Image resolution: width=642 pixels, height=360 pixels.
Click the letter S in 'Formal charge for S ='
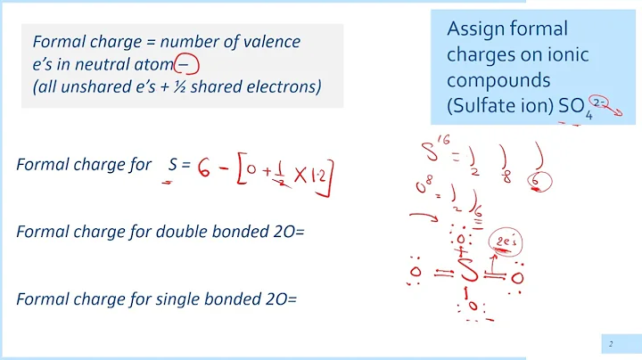(x=173, y=165)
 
